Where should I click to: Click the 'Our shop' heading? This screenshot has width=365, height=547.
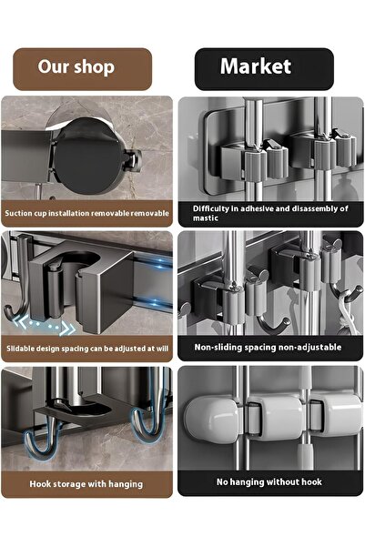click(x=76, y=66)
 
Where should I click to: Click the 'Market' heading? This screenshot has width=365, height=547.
click(x=256, y=66)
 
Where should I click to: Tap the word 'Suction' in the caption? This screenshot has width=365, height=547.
click(x=18, y=213)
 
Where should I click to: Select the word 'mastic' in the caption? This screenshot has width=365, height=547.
click(x=206, y=218)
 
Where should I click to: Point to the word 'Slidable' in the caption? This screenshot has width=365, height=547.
click(x=21, y=349)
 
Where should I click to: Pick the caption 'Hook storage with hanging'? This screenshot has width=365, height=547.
click(x=86, y=484)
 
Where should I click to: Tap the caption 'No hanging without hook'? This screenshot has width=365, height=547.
click(x=269, y=481)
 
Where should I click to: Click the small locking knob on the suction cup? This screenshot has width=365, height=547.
click(x=133, y=159)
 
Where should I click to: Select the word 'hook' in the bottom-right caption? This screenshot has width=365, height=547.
click(x=312, y=481)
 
